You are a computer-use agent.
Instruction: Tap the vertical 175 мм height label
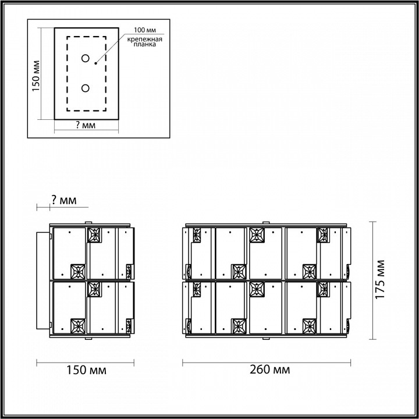pyautogui.click(x=381, y=279)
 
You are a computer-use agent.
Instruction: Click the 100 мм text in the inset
pyautogui.click(x=144, y=30)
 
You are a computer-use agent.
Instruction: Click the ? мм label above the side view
pyautogui.click(x=63, y=200)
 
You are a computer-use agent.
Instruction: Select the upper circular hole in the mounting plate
pyautogui.click(x=86, y=58)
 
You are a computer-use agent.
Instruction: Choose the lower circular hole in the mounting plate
pyautogui.click(x=86, y=88)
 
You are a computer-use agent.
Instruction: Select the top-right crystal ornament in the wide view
pyautogui.click(x=323, y=235)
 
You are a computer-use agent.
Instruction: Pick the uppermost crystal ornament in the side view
pyautogui.click(x=94, y=235)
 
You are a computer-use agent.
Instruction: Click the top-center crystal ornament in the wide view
pyautogui.click(x=256, y=235)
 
